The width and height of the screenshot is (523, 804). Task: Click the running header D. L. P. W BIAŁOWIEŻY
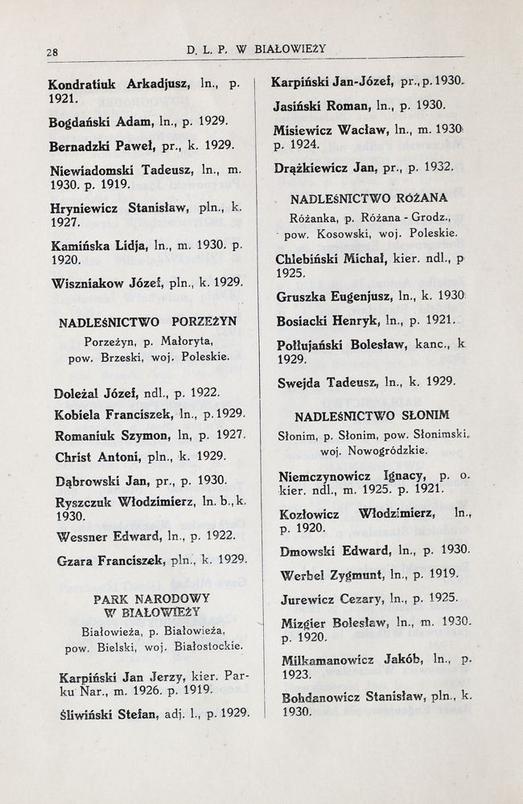coord(256,49)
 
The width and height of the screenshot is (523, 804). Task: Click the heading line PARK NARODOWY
coord(151,598)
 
